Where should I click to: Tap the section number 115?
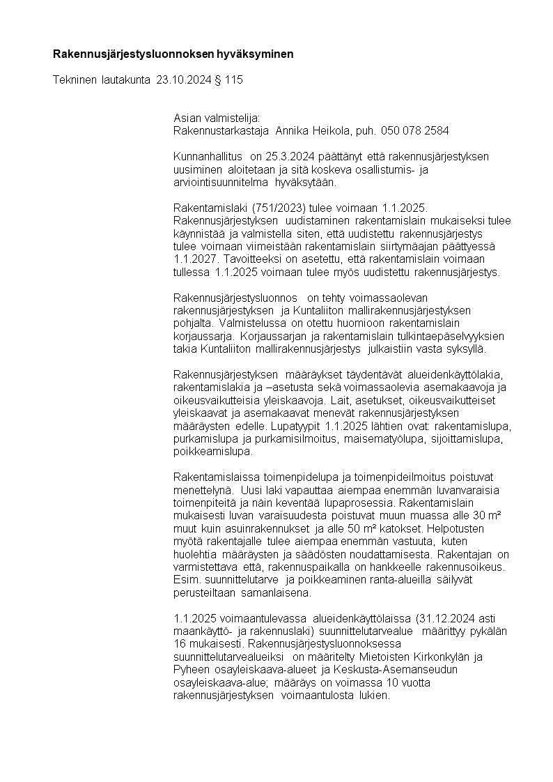[x=234, y=80]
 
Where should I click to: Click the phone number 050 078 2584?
[x=415, y=130]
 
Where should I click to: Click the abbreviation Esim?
[x=185, y=579]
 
